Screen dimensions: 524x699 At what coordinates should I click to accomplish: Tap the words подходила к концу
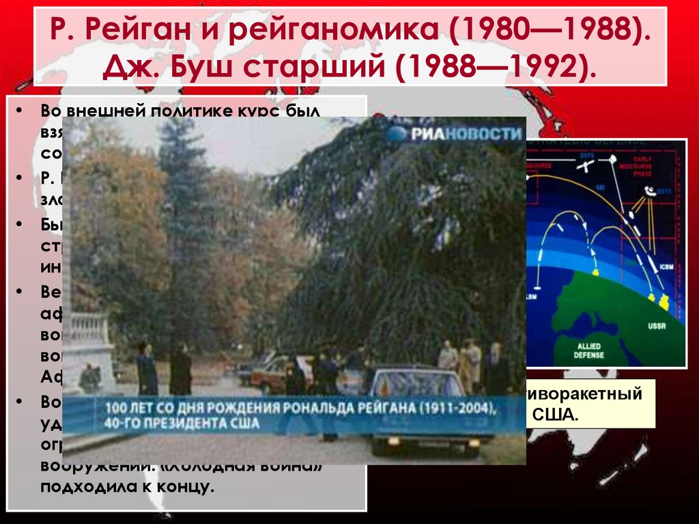click(126, 488)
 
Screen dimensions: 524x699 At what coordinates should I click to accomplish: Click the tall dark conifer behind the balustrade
click(181, 225)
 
